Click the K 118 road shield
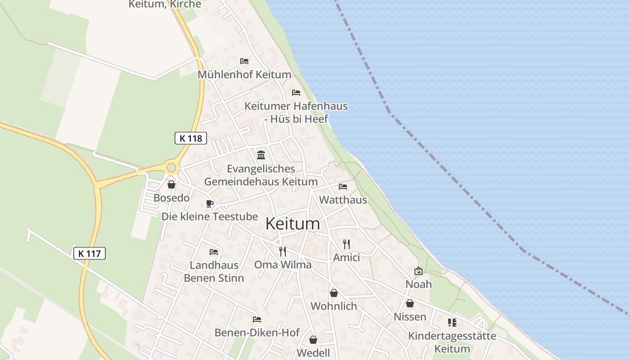point(190,138)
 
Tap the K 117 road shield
point(89,253)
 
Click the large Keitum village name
point(292,224)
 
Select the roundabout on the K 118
point(171,168)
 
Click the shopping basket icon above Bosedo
point(171,184)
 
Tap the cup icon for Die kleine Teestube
point(209,203)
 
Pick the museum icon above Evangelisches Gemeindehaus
point(261,155)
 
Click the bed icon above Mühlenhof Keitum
point(244,61)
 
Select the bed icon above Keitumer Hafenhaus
point(296,93)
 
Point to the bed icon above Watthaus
point(343,186)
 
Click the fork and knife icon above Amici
point(346,244)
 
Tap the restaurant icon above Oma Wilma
point(283,251)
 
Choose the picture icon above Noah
point(418,271)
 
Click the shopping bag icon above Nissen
point(409,304)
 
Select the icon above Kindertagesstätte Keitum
point(452,323)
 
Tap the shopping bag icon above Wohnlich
point(333,293)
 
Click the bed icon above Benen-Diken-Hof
point(257,319)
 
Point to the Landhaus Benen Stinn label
point(214,271)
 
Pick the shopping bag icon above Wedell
point(313,340)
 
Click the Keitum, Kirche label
point(165,4)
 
